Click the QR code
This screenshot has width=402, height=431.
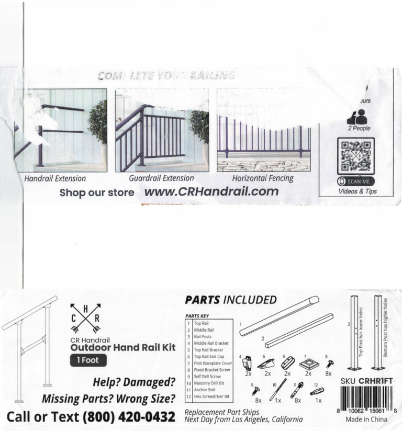pos(355,156)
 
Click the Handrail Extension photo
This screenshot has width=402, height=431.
pos(60,130)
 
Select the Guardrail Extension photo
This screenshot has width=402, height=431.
pos(162,130)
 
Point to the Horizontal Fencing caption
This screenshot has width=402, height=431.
pos(263,178)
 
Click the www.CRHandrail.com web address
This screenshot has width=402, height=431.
pos(211,191)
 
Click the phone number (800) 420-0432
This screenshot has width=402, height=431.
pos(128,417)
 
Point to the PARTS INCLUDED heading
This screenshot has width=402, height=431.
pos(230,300)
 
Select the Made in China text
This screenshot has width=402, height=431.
pos(366,419)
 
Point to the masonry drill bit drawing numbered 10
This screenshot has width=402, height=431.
pos(278,389)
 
